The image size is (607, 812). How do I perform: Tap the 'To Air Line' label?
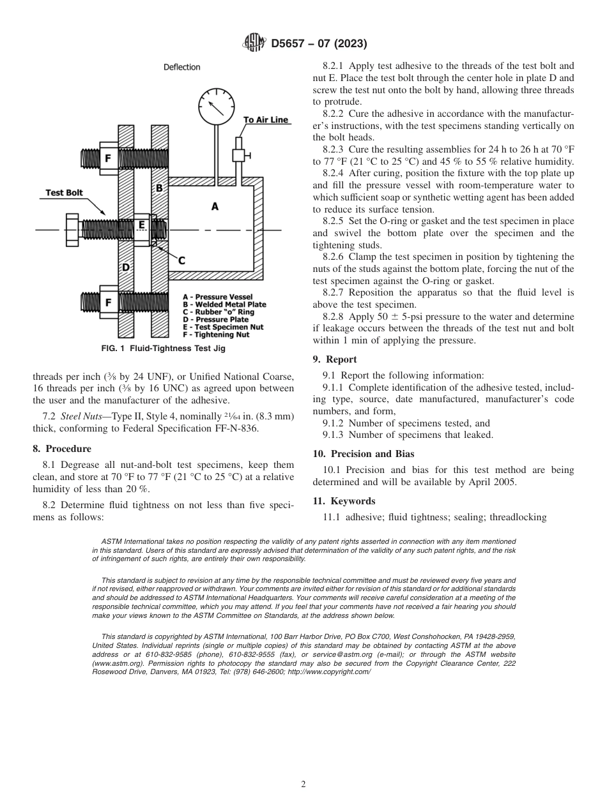click(x=266, y=119)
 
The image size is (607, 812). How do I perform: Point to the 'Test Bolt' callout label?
click(x=65, y=193)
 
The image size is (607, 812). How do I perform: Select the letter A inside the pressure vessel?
click(x=215, y=206)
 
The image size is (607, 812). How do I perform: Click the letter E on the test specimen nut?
click(x=142, y=225)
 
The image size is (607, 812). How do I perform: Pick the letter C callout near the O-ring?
click(x=181, y=260)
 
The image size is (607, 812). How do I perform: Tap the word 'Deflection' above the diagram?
click(x=181, y=67)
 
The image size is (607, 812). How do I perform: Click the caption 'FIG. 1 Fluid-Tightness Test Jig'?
click(x=163, y=349)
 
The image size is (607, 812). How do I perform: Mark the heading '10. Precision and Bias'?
click(x=364, y=454)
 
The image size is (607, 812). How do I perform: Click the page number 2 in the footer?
click(x=303, y=785)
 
